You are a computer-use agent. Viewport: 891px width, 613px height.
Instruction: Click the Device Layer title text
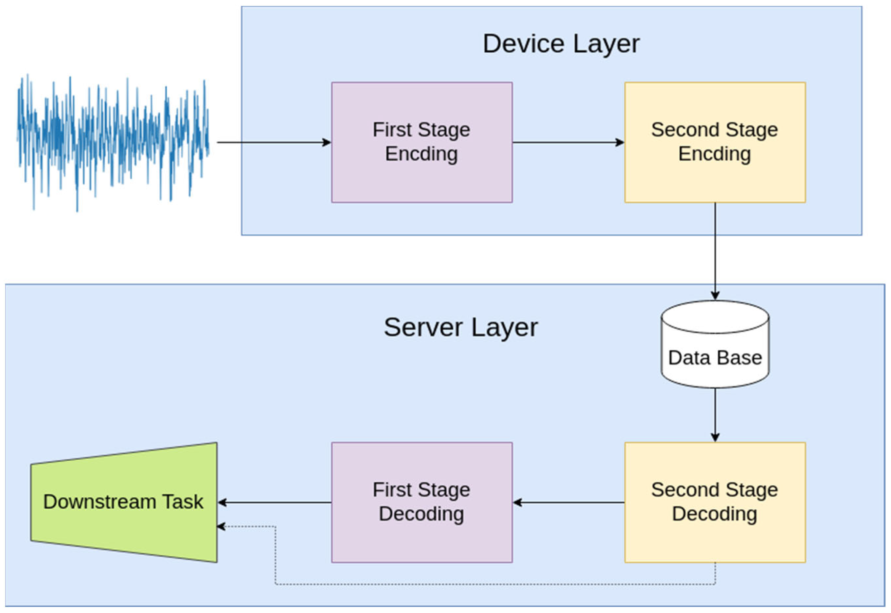(x=561, y=44)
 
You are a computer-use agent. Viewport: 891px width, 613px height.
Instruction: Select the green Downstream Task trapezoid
(x=123, y=530)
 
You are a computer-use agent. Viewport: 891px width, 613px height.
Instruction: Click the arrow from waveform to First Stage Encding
(x=273, y=142)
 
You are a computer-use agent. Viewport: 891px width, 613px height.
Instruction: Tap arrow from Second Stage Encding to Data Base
(x=715, y=250)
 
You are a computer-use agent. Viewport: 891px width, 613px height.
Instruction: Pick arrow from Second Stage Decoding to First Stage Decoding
(x=569, y=502)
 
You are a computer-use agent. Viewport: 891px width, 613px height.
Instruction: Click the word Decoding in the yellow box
(x=715, y=514)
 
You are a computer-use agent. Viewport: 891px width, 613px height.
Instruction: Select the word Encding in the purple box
(x=422, y=154)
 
